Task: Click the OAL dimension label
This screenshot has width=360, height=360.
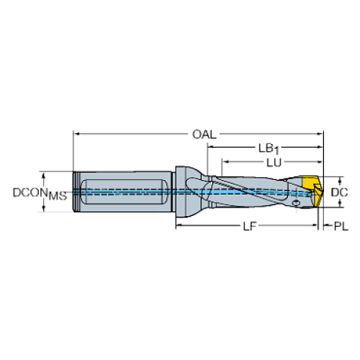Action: (204, 134)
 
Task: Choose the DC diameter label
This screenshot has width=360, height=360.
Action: (339, 192)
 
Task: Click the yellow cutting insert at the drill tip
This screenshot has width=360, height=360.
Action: (312, 191)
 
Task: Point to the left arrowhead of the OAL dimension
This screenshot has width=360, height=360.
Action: (76, 134)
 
